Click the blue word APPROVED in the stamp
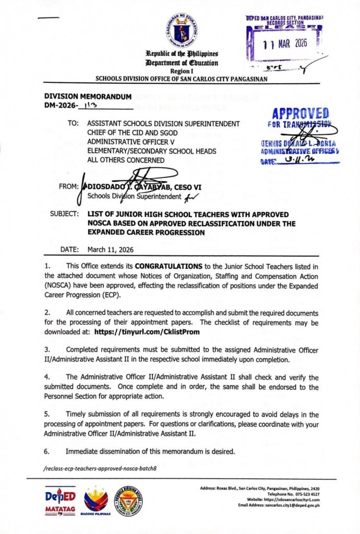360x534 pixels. [301, 113]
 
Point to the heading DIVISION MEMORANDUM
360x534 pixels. [87, 97]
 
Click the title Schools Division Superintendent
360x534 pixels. [132, 196]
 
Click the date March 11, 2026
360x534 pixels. [110, 250]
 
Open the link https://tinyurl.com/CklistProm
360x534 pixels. [147, 331]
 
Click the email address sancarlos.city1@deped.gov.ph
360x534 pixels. [308, 505]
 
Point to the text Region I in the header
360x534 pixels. [182, 70]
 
